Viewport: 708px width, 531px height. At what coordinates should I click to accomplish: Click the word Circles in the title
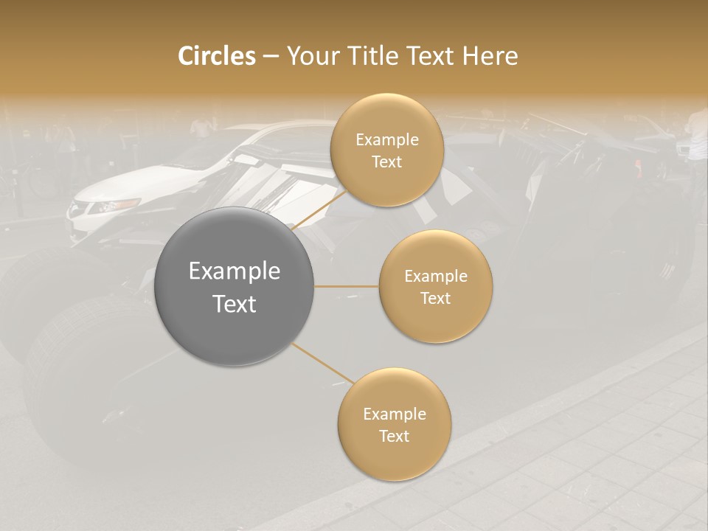(x=217, y=56)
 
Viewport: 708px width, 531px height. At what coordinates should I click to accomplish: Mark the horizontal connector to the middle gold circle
(x=347, y=286)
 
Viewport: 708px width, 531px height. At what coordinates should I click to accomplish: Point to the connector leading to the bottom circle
(x=322, y=363)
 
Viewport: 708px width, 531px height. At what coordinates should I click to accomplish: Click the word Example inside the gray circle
(x=235, y=271)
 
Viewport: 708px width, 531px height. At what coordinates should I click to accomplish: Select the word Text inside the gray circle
(x=235, y=304)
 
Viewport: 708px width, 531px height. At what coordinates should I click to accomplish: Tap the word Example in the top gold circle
(x=387, y=140)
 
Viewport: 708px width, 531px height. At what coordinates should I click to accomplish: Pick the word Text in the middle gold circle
(x=435, y=298)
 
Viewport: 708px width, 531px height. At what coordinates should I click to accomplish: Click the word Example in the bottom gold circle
(x=395, y=414)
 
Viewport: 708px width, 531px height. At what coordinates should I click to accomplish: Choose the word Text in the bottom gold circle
(x=395, y=436)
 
